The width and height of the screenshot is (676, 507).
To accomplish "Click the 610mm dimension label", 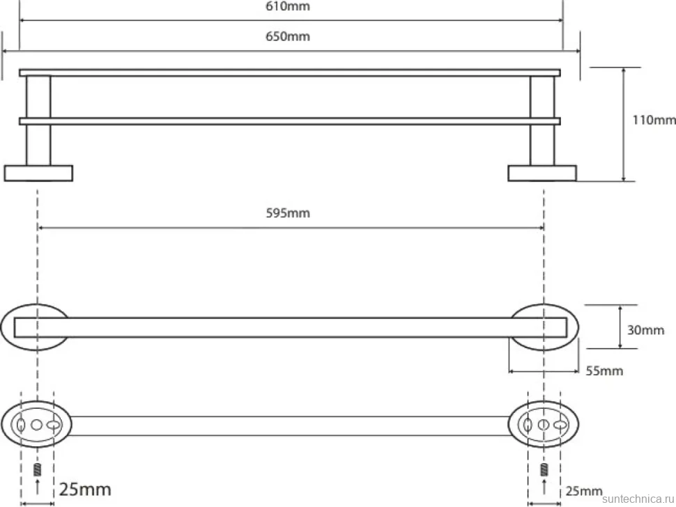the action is (288, 6).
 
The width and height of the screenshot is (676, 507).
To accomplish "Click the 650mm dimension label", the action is (288, 36).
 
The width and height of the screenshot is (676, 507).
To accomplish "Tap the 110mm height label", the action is (654, 120).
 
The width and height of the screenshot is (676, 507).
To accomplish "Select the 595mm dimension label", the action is (288, 213).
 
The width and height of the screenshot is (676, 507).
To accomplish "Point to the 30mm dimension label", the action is (645, 330).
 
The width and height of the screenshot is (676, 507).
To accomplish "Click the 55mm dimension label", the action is (604, 370).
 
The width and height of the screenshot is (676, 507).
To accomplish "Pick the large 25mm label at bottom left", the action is (85, 490).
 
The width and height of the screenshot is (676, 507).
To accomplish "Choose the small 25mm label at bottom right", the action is (584, 490).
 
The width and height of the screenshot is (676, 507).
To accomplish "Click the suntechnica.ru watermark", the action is (638, 499).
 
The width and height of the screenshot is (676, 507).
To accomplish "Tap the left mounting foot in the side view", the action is (38, 173).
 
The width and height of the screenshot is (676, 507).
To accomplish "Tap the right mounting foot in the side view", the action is (542, 173).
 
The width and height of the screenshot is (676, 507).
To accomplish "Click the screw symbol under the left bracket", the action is (38, 469).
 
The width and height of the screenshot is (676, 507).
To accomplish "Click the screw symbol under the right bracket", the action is (544, 469).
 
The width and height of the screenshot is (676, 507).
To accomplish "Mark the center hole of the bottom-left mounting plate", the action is (37, 425).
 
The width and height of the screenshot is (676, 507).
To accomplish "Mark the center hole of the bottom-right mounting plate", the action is (544, 425).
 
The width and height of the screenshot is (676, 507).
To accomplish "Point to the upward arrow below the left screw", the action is (38, 486).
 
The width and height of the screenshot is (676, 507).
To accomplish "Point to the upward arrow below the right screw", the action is (544, 486).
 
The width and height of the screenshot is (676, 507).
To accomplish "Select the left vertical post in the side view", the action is (38, 120).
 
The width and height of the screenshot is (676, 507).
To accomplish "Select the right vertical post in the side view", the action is (542, 120).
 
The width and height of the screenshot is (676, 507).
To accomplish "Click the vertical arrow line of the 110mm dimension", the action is (624, 124).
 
